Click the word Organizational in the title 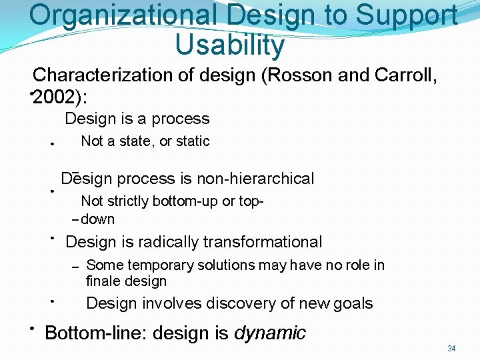[121, 16]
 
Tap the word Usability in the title [229, 45]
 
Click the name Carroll [407, 75]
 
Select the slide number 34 [451, 349]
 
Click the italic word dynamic [270, 333]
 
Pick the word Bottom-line [93, 333]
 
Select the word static [193, 141]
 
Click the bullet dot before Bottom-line [31, 329]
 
